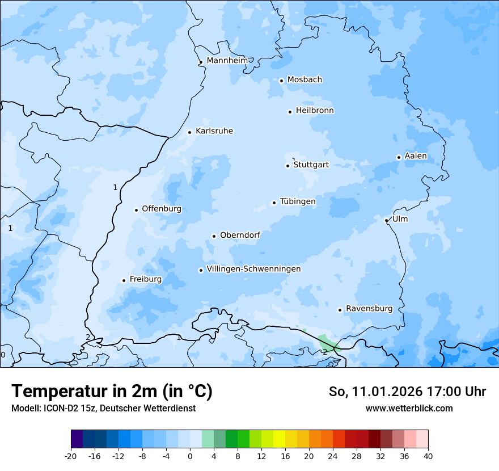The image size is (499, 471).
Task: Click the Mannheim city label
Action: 227,60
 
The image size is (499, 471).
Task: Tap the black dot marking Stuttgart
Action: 287,166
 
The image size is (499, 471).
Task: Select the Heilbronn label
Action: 315,111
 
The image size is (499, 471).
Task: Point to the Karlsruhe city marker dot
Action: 190,132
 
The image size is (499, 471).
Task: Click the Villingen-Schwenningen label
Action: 253,269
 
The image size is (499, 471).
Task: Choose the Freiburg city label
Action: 145,279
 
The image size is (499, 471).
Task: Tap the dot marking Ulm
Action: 386,220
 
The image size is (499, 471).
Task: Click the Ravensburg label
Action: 369,309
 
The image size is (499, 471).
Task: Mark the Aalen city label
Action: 416,156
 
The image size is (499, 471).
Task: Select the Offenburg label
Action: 162,209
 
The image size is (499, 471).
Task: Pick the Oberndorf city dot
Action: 214,236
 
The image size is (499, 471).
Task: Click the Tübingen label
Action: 298,201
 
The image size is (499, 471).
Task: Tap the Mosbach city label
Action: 305,80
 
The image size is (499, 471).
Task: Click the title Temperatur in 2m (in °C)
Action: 112,391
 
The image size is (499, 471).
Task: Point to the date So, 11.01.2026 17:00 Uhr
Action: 407,392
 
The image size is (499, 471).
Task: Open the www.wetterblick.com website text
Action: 409,408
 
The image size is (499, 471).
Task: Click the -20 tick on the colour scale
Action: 71,456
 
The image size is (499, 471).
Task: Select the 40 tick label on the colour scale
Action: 428,456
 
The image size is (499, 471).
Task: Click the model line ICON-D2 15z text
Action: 103,408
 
